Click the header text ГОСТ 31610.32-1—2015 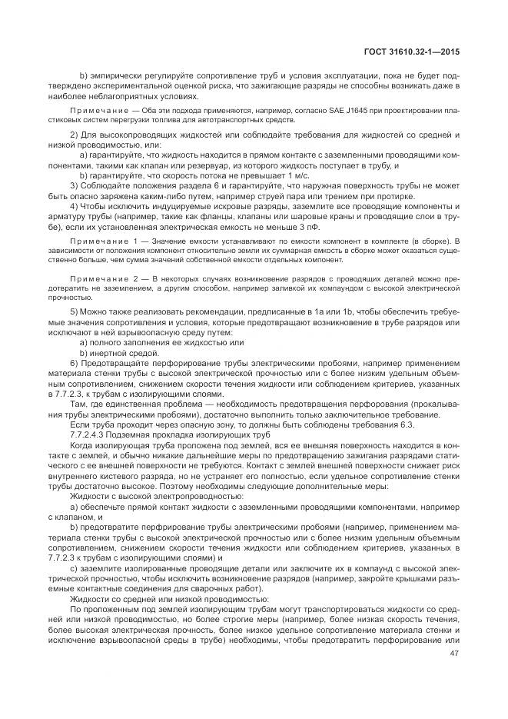click(416, 50)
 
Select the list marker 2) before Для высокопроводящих click(73, 134)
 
